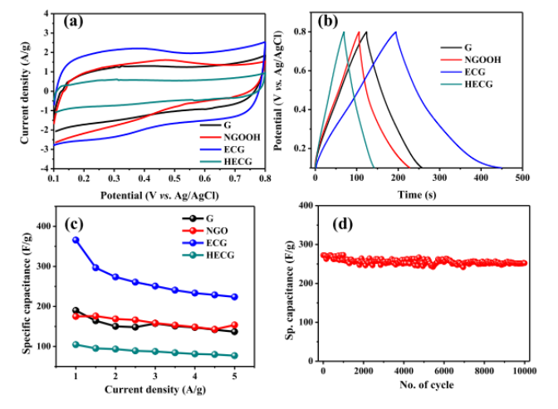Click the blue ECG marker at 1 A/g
(x=76, y=240)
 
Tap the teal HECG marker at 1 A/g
(x=76, y=344)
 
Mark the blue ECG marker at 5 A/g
(x=234, y=297)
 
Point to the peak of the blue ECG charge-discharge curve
(x=395, y=32)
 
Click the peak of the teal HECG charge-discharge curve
(x=343, y=32)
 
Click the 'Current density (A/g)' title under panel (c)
(x=155, y=390)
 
